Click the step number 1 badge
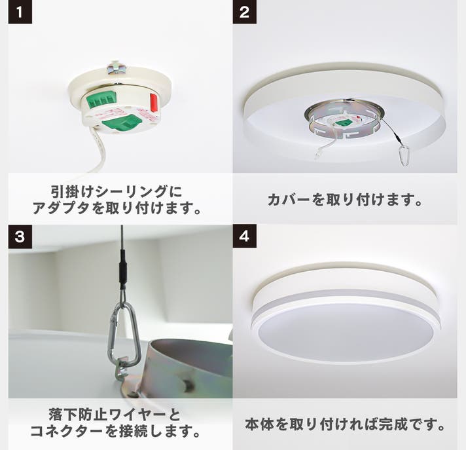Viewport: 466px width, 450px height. [20, 12]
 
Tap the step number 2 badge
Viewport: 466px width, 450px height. [244, 12]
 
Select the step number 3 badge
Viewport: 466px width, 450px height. [20, 236]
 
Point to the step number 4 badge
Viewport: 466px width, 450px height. [244, 236]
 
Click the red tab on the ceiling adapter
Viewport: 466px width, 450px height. [153, 103]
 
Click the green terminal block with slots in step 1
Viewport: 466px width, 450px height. [101, 100]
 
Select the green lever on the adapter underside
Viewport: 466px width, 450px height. [122, 122]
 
